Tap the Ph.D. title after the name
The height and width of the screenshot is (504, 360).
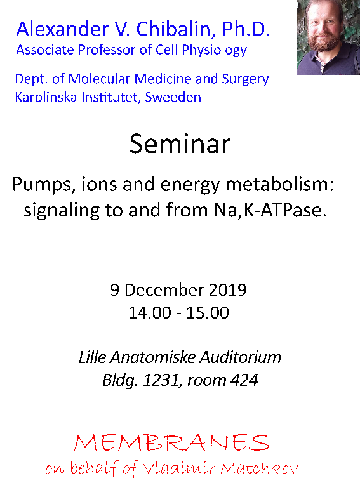click(246, 29)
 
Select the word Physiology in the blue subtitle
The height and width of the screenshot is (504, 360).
click(215, 51)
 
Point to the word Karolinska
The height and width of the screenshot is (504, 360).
click(46, 97)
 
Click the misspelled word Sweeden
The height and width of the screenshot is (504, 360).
click(173, 97)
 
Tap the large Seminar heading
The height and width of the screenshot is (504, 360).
click(180, 143)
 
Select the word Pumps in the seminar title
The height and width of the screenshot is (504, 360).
click(41, 185)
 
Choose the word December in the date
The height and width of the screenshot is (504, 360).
click(164, 290)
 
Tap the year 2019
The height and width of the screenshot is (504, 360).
click(227, 290)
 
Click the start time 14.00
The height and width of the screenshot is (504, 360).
click(150, 313)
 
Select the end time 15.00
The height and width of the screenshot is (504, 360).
click(208, 313)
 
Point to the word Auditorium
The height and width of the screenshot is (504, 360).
click(241, 357)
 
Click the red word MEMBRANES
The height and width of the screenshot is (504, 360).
click(171, 443)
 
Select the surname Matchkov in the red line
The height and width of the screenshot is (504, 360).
click(260, 468)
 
